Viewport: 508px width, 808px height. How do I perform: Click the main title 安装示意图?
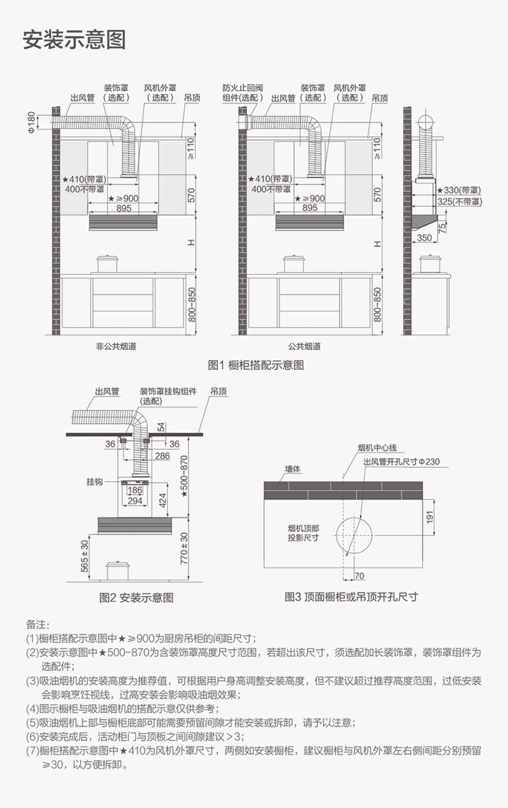pos(74,40)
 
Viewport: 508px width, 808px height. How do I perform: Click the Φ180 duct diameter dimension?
pos(31,122)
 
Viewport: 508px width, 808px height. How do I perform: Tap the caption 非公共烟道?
pos(116,346)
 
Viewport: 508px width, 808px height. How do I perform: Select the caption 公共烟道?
pos(304,346)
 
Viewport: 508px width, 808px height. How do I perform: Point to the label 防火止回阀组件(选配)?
pos(242,93)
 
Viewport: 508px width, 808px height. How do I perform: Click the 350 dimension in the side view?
pos(424,238)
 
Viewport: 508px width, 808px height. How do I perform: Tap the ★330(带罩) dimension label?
pos(459,190)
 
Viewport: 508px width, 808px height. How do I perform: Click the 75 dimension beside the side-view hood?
pos(442,228)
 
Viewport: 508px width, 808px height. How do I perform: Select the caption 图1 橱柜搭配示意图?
pos(256,365)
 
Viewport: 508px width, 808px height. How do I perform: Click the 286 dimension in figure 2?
pos(163,456)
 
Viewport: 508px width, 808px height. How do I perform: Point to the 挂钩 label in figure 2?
pos(94,482)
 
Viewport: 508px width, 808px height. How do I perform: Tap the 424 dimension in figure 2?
pos(163,500)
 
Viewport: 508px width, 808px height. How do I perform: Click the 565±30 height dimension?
pos(85,556)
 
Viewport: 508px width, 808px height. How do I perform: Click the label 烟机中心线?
pos(377,448)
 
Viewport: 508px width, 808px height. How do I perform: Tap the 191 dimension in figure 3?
pos(430,517)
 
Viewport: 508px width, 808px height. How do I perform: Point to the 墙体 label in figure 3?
pos(292,469)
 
